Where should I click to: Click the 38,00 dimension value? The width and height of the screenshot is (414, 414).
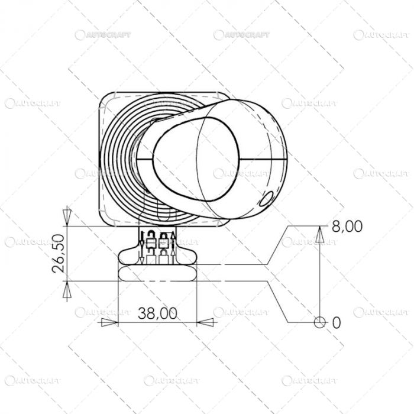[157, 313]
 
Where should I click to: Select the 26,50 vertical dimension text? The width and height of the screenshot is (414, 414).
[59, 253]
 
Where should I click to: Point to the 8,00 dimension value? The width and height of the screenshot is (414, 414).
[347, 226]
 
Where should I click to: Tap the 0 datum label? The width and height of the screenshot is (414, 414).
[337, 322]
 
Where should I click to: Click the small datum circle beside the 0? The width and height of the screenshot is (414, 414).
[319, 322]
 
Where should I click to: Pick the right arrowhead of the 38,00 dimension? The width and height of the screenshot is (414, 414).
[205, 322]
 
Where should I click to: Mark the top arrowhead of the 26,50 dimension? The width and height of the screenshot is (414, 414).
[67, 215]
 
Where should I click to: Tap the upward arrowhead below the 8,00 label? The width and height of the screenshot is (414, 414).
[319, 236]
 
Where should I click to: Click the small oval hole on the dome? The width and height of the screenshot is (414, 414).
[266, 199]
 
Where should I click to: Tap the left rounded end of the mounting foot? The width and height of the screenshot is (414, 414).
[124, 255]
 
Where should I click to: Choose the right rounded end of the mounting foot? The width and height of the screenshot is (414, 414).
[192, 255]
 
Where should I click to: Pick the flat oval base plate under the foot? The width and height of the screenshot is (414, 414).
[157, 273]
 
